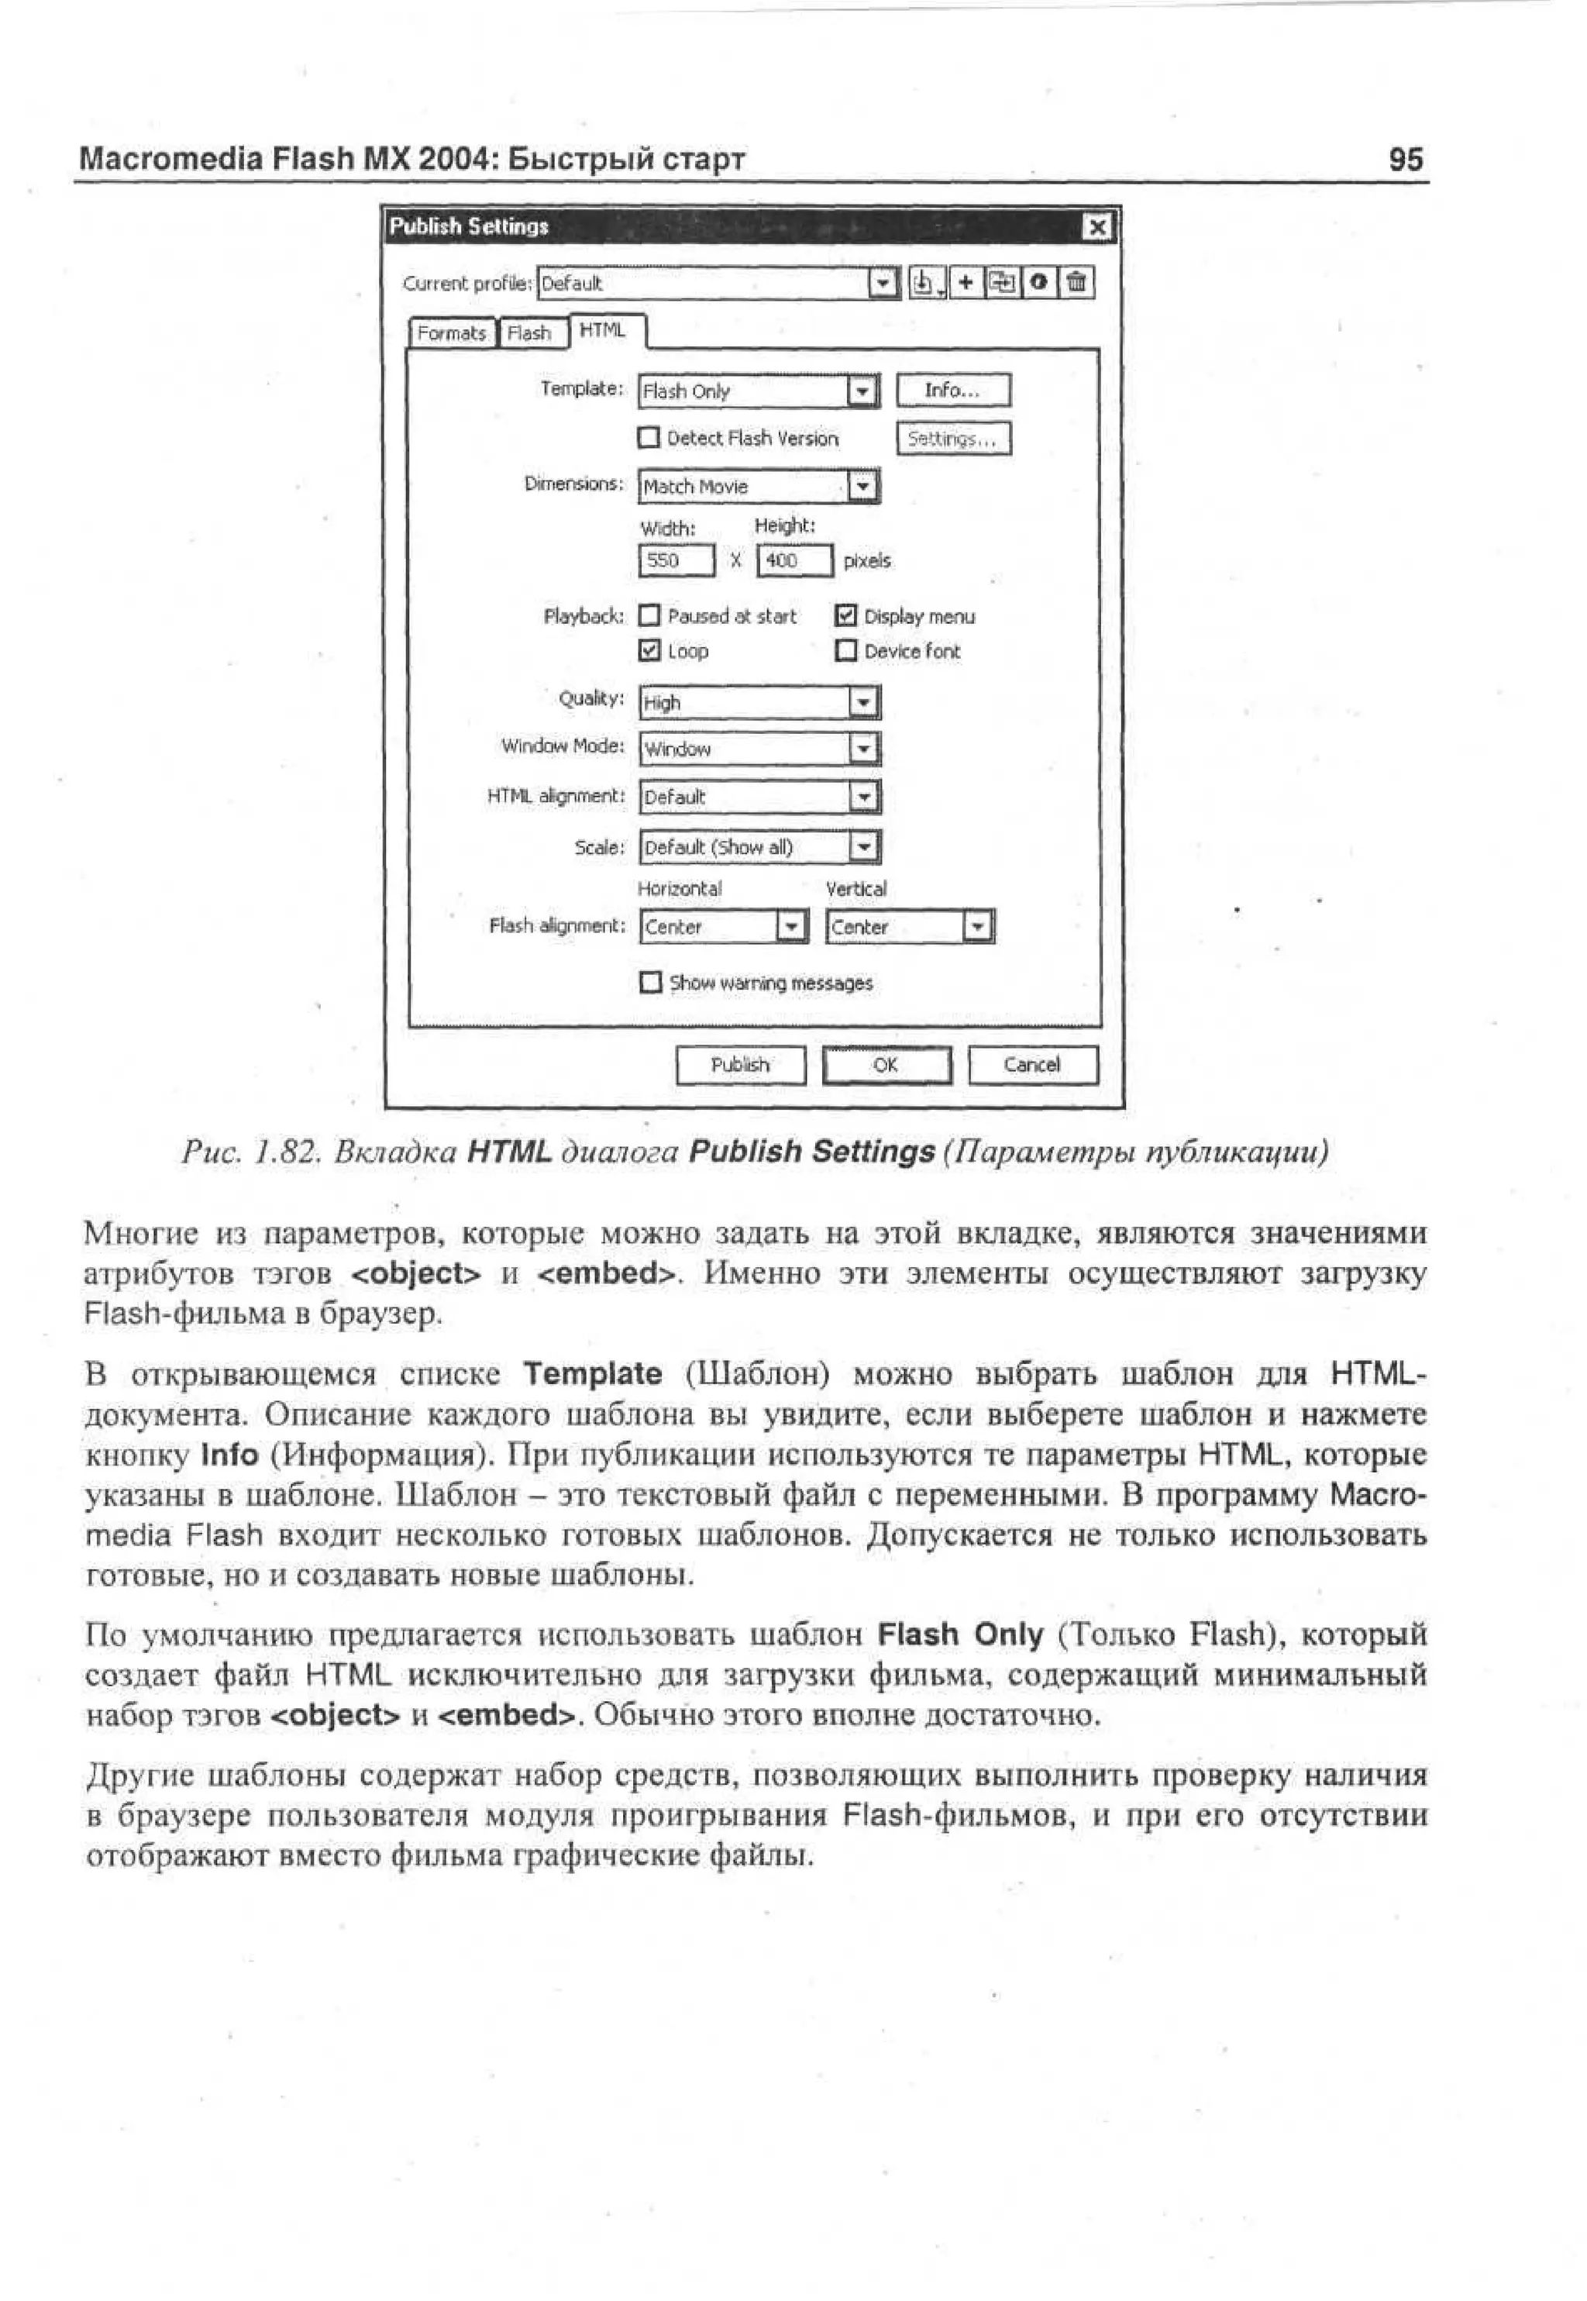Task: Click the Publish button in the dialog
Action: [740, 1065]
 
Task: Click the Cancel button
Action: [1032, 1065]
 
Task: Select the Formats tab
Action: [452, 333]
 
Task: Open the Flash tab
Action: [530, 333]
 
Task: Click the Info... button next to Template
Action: [952, 391]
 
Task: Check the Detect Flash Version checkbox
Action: [649, 438]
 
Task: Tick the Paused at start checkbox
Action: [649, 616]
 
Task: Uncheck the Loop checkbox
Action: [649, 650]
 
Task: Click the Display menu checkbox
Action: [846, 616]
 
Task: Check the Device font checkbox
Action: [846, 650]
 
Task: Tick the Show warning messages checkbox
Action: [649, 983]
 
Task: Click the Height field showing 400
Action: [793, 561]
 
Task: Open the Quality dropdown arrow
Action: [864, 703]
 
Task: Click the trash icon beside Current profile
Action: [1076, 284]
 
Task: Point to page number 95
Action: [1405, 159]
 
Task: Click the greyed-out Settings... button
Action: [952, 439]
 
